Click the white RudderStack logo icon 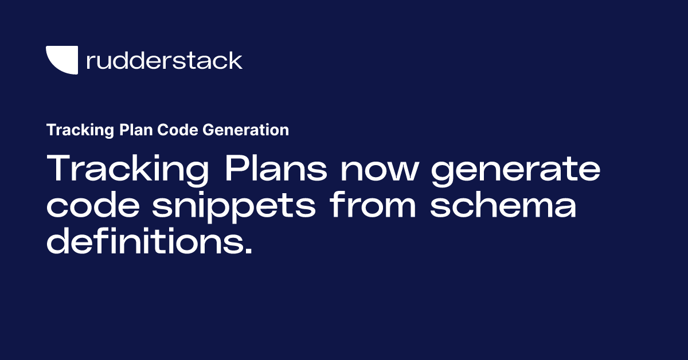click(61, 60)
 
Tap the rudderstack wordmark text click(164, 60)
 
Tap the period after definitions click(248, 251)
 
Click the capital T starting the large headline click(59, 169)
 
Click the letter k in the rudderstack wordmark click(235, 60)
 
